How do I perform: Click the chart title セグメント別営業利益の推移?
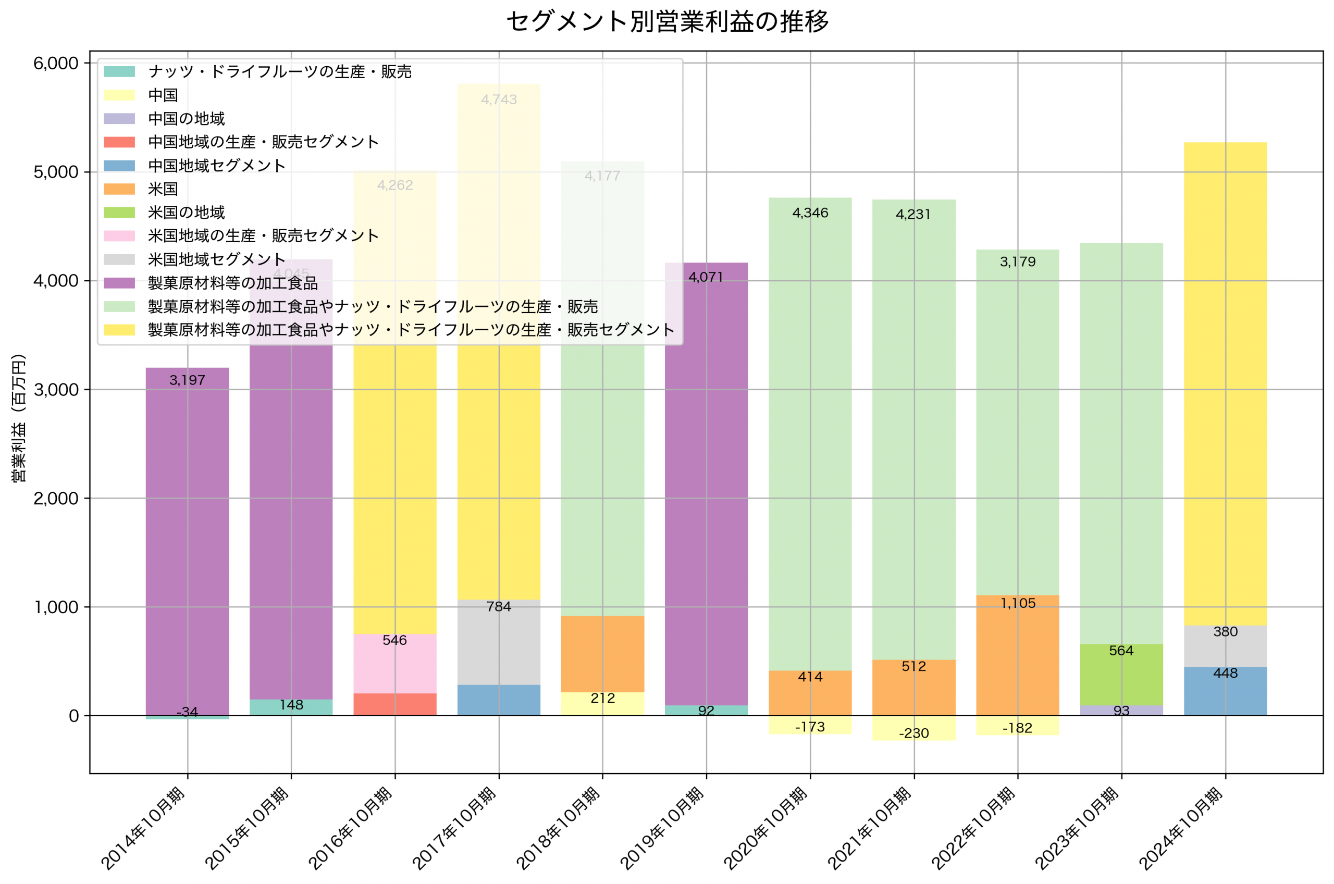(x=667, y=22)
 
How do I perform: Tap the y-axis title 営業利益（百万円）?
(x=19, y=418)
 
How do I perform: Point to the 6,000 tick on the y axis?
(x=56, y=63)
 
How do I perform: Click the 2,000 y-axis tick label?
(x=56, y=499)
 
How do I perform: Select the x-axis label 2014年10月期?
(x=144, y=828)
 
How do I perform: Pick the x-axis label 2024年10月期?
(x=1181, y=828)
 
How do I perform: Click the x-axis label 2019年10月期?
(x=662, y=828)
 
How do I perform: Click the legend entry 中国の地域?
(x=186, y=118)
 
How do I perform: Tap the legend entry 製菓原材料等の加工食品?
(x=232, y=283)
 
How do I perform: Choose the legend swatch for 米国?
(x=119, y=189)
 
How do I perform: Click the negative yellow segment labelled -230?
(x=913, y=728)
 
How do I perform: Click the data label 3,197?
(x=187, y=381)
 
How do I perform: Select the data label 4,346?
(x=810, y=213)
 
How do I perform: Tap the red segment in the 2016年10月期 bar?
(x=394, y=704)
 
